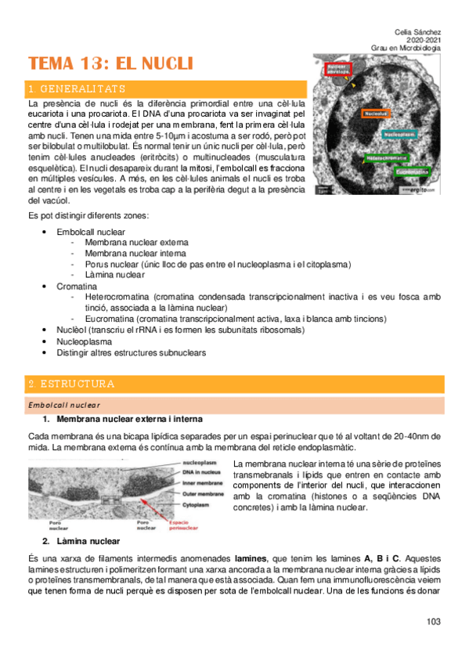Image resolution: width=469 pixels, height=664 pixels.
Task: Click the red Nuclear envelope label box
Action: pos(337,69)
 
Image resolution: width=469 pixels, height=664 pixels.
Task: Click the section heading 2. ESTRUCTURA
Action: pos(71,384)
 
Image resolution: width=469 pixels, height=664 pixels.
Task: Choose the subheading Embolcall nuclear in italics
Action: pos(63,405)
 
